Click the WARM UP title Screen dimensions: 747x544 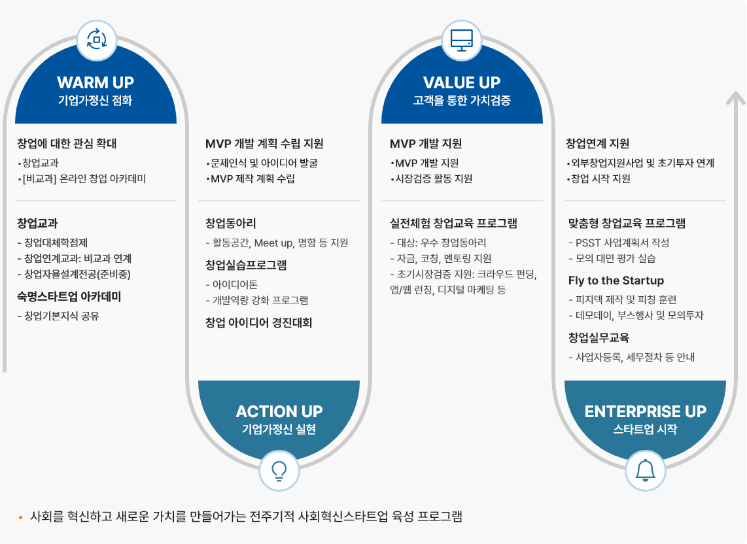click(96, 82)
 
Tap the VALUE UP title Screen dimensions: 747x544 click(462, 82)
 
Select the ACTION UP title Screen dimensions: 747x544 click(279, 411)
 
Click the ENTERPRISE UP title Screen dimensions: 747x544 click(645, 411)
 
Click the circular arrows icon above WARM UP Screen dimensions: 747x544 click(97, 40)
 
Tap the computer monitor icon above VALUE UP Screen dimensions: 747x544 click(462, 41)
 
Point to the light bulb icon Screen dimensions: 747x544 click(279, 471)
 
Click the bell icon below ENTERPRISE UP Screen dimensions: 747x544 click(646, 471)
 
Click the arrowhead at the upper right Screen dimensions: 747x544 click(736, 97)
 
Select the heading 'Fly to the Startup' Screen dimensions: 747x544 click(616, 280)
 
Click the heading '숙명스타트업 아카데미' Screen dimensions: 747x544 click(69, 297)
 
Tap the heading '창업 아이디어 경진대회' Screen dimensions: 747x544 click(258, 322)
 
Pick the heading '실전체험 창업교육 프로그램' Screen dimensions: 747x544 click(453, 223)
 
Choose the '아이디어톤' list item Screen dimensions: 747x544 click(232, 284)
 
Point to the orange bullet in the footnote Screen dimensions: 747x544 click(20, 517)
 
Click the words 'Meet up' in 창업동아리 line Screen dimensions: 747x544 click(273, 243)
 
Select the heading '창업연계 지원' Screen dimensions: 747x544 click(597, 143)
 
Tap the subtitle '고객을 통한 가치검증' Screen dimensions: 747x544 click(462, 100)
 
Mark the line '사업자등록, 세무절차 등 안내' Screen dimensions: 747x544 click(632, 357)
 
